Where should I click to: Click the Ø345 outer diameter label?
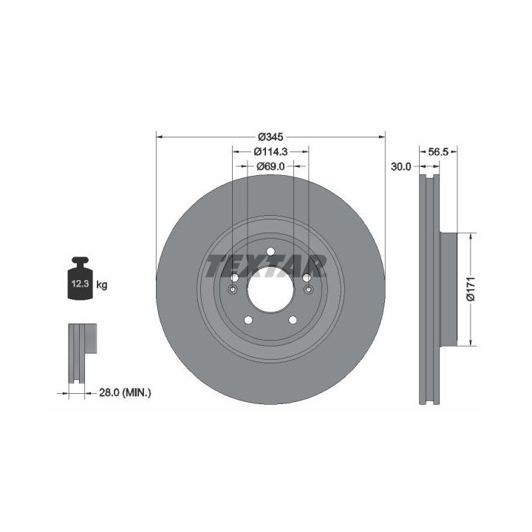(270, 137)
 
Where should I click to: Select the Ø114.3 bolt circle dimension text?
(270, 151)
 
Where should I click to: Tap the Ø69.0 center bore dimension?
(270, 166)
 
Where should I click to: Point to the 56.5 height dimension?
(438, 151)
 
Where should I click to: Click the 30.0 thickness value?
(400, 166)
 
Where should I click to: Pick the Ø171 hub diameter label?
(471, 289)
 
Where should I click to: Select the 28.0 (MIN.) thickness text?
(125, 393)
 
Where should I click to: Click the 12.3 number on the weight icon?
(80, 284)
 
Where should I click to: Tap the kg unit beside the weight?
(102, 284)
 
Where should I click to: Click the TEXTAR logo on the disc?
(266, 266)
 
